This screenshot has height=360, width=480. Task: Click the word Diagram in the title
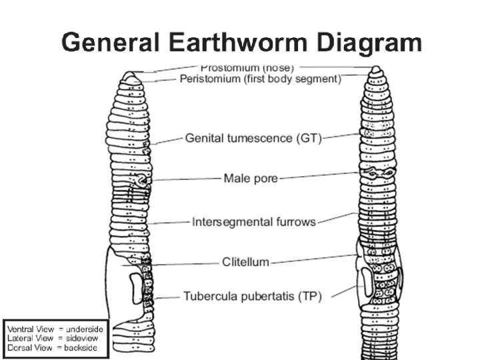point(369,43)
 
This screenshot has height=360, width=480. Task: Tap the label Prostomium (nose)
point(247,67)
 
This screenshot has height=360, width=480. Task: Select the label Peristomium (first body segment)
point(261,79)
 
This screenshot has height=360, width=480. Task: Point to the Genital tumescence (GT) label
point(253,139)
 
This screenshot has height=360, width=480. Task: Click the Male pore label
point(251,178)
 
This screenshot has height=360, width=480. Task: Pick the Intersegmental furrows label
point(254,221)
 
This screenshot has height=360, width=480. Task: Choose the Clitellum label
point(246,262)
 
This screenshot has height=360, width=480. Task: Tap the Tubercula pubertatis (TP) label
point(253,296)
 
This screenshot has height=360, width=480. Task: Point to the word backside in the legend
point(81,347)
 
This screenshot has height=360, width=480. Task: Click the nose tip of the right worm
point(377,69)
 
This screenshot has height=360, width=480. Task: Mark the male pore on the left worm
point(141,180)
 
